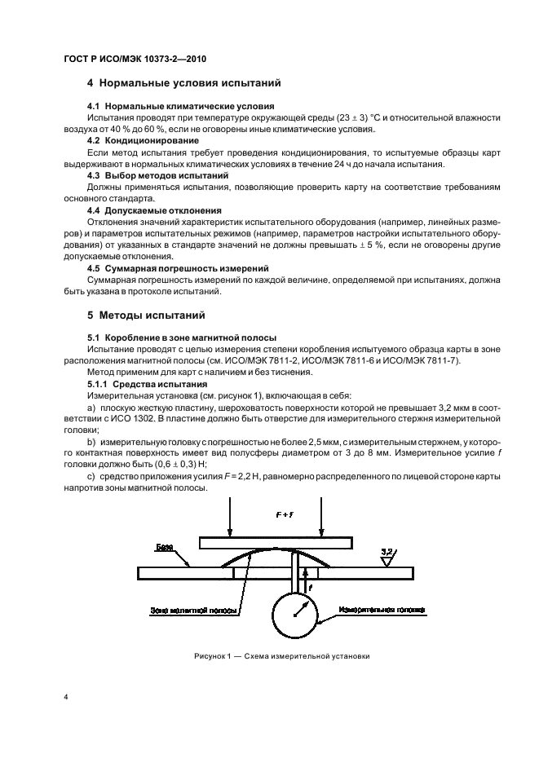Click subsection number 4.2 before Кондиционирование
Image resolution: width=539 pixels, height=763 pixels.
(x=95, y=141)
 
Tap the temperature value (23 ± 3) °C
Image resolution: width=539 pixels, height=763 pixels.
(x=342, y=118)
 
